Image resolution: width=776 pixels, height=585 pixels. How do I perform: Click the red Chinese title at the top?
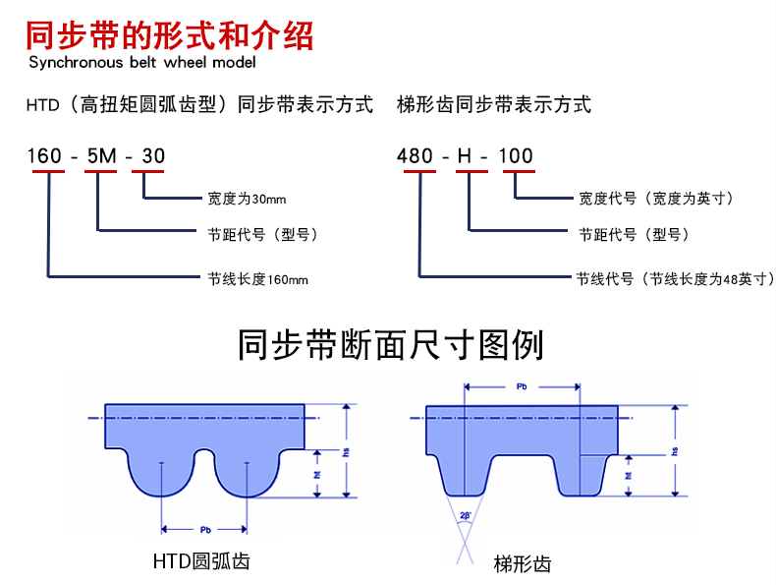pyautogui.click(x=170, y=36)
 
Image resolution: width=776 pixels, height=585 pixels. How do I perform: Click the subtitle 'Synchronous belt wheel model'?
pyautogui.click(x=142, y=63)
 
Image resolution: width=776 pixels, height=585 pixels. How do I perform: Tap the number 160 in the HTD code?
pyautogui.click(x=45, y=155)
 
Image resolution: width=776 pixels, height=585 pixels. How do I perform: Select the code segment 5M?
pyautogui.click(x=100, y=155)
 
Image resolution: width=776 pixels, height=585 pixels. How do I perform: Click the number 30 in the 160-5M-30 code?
pyautogui.click(x=154, y=155)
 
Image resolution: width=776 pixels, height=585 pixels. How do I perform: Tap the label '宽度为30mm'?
pyautogui.click(x=247, y=199)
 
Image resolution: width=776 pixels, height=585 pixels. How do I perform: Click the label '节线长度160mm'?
pyautogui.click(x=257, y=279)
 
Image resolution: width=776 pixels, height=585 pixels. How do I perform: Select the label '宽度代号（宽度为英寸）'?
pyautogui.click(x=656, y=199)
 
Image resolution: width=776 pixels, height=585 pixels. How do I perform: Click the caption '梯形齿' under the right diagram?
pyautogui.click(x=523, y=563)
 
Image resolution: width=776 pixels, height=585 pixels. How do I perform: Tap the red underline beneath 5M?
pyautogui.click(x=100, y=172)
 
